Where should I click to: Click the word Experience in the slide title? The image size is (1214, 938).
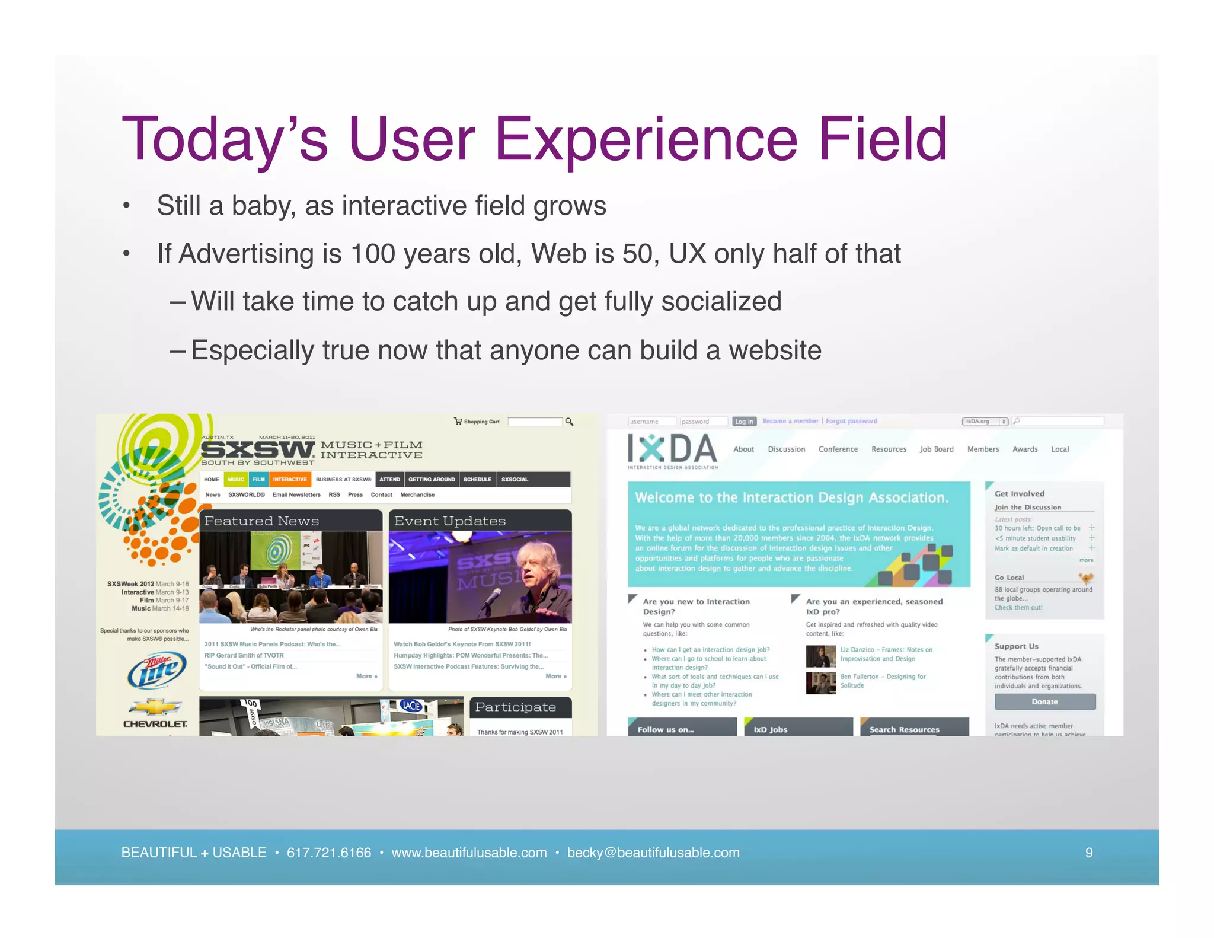coord(646,140)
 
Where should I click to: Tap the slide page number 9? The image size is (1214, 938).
coord(1088,853)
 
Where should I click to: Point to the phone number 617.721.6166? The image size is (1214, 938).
coord(328,853)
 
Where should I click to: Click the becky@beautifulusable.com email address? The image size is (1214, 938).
coord(653,853)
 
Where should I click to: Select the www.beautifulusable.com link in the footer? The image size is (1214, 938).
coord(469,853)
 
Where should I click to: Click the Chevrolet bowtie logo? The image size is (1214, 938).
coord(155,707)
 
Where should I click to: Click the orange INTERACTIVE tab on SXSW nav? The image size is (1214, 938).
coord(289,479)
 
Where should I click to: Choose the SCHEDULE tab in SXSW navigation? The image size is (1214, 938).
coord(477,479)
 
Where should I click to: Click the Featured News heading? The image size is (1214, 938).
coord(261,521)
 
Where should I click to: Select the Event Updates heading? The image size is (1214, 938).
coord(449,521)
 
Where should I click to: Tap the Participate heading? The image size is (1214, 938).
coord(515,707)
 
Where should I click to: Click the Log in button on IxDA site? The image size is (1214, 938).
coord(744,422)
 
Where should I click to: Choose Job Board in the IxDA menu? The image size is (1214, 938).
coord(937,449)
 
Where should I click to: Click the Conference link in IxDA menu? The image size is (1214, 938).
coord(838,449)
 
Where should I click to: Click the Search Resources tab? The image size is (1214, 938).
coord(904,729)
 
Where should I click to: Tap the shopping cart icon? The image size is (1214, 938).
coord(458,421)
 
